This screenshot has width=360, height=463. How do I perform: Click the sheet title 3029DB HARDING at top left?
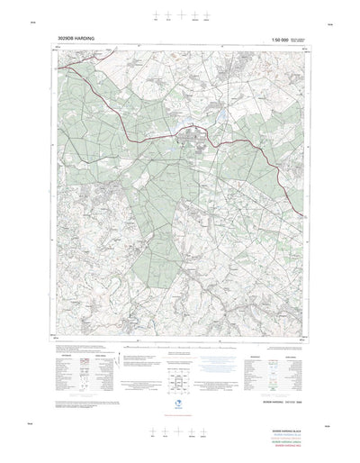click(76, 40)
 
